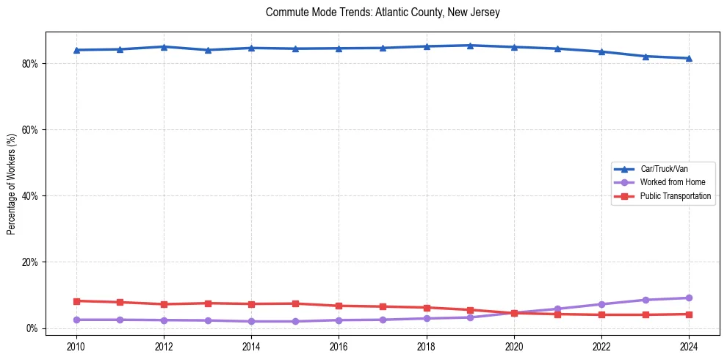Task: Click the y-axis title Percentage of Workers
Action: [12, 184]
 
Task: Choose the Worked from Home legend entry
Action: [668, 182]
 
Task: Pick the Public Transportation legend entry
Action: [675, 196]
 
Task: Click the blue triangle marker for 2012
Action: [164, 47]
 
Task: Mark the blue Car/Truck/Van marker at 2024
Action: [689, 58]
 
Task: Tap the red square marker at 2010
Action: [76, 301]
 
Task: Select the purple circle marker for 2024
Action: [689, 298]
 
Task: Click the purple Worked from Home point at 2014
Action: [251, 321]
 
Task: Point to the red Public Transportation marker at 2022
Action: [601, 314]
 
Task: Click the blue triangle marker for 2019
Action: [470, 46]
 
